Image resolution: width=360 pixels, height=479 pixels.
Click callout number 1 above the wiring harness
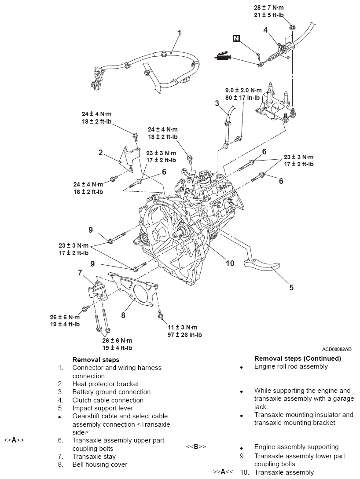click(x=180, y=33)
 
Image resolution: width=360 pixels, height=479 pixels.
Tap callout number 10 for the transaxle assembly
click(x=230, y=263)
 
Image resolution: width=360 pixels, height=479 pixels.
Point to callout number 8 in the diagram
click(x=124, y=315)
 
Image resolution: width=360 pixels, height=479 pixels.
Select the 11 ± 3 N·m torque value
click(x=182, y=327)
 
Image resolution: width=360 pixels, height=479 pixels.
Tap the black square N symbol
click(x=237, y=39)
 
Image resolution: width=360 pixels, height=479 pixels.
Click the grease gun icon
click(x=222, y=57)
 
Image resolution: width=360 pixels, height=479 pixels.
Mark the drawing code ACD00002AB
click(x=337, y=349)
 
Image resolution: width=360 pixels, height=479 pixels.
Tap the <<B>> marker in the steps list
click(x=196, y=447)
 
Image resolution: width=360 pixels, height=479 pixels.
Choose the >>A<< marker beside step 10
click(x=223, y=472)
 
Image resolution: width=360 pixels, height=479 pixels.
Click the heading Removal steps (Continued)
click(x=298, y=358)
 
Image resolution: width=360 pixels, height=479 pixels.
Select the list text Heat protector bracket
click(x=105, y=384)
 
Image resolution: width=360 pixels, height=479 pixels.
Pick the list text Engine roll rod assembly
click(x=291, y=366)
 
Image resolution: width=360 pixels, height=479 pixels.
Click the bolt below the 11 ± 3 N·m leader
click(x=159, y=314)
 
